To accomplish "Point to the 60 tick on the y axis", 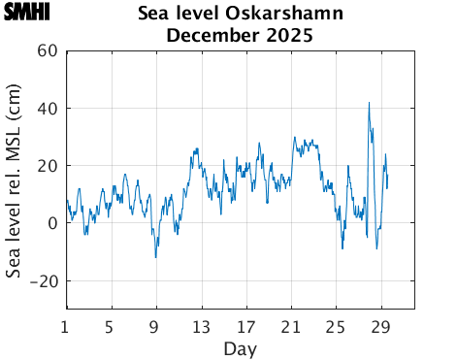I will (x=48, y=50).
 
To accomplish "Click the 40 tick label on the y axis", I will (x=48, y=108).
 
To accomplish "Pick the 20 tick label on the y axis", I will (x=48, y=165).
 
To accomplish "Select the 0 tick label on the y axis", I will (x=52, y=222).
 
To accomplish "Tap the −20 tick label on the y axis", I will (x=44, y=280).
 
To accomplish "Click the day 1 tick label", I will (x=65, y=326).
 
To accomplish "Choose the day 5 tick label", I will (x=110, y=326).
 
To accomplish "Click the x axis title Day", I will (x=240, y=347).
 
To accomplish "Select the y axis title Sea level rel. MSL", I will (x=14, y=180).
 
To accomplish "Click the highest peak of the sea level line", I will (x=369, y=103).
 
